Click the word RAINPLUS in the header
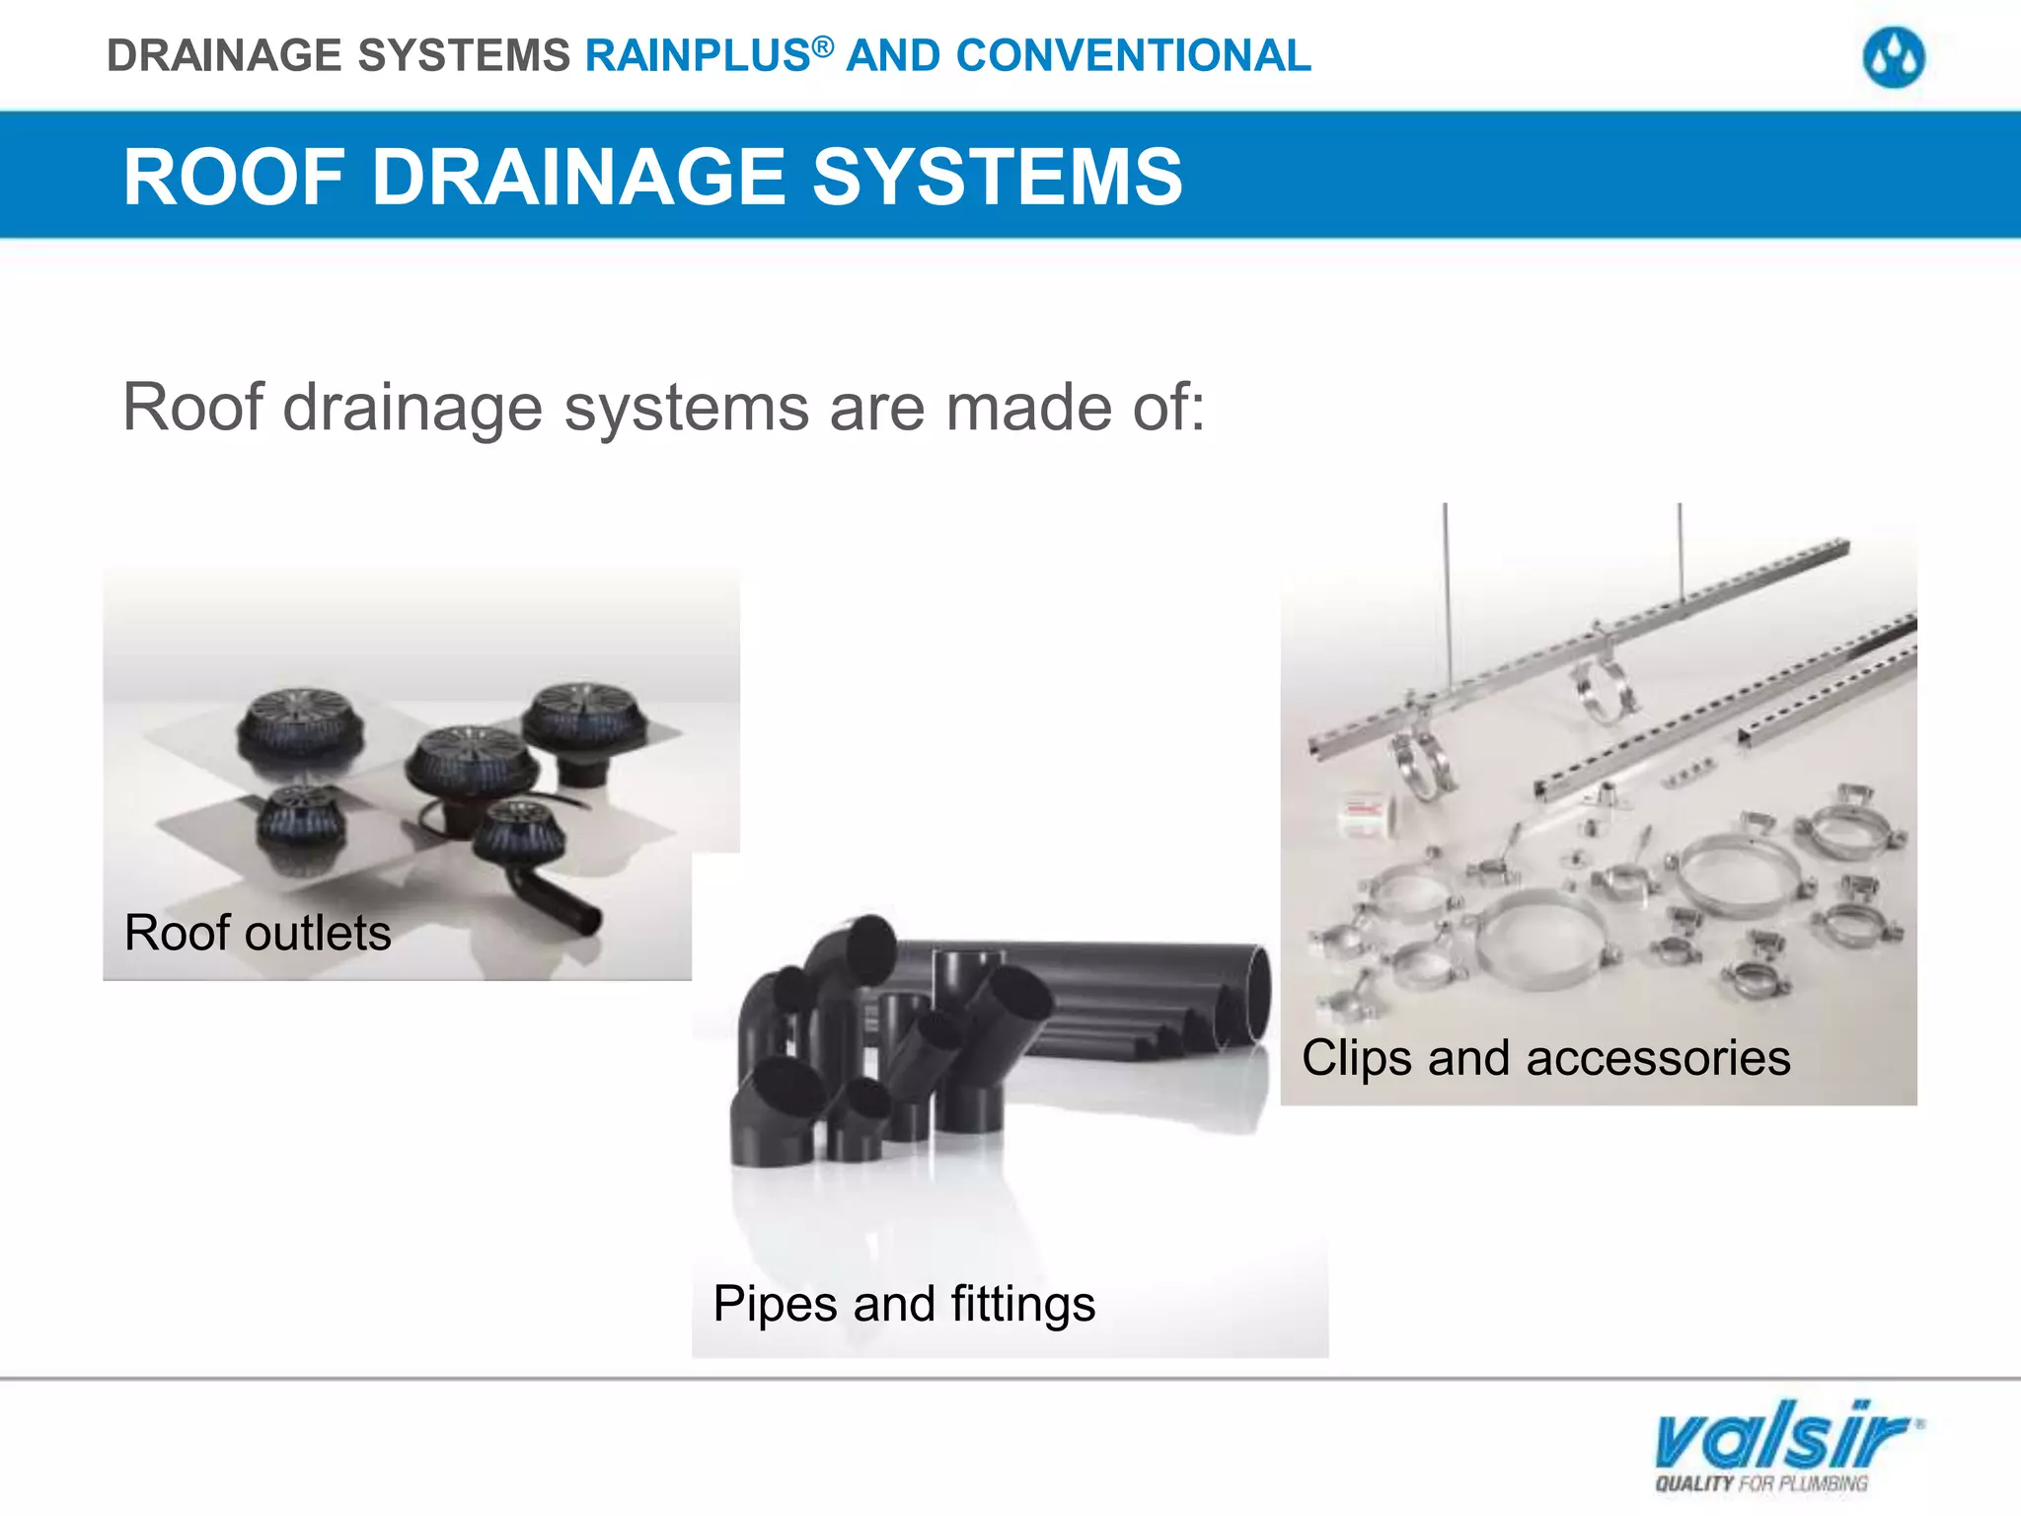698,56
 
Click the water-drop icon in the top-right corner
1893,57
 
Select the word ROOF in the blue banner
234,177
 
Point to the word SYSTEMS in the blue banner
997,177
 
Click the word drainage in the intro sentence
412,408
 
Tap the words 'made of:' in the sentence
1076,408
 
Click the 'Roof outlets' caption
258,933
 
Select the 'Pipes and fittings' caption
904,1304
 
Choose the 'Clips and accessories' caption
1545,1058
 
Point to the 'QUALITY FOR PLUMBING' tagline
1761,1483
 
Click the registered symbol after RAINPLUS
823,45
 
